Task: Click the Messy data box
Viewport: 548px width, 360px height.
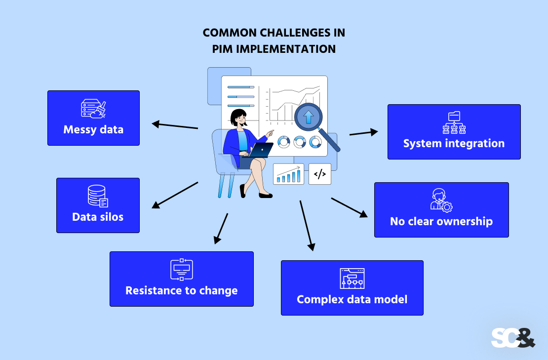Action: pos(93,118)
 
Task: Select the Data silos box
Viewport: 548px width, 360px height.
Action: pos(98,205)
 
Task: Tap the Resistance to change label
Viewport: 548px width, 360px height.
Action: pos(181,290)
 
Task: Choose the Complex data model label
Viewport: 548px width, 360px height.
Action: pos(352,299)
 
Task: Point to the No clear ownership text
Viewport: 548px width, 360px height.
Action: pos(441,221)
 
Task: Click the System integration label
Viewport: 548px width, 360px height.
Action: pos(454,144)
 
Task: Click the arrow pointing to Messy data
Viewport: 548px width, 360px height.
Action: pos(175,125)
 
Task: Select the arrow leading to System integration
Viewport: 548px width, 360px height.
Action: pos(364,132)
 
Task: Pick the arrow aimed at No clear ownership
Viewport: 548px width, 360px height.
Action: pos(350,207)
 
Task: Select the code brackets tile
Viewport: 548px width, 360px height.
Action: pos(320,174)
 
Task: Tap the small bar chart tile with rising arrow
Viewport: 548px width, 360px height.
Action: pos(288,174)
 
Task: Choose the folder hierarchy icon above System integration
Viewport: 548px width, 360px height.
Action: pos(454,123)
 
